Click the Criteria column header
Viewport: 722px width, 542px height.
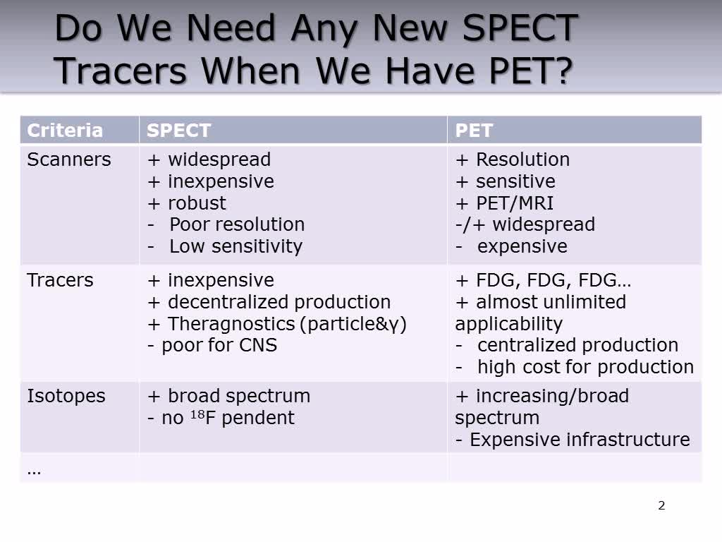65,131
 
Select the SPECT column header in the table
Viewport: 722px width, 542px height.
178,131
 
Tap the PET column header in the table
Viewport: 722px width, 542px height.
474,131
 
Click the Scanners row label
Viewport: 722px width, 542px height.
69,159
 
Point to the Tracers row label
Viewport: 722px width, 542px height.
60,280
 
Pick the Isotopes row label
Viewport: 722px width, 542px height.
66,396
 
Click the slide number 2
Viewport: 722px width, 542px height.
661,505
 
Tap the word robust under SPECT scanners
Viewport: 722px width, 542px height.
197,203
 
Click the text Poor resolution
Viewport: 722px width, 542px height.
237,224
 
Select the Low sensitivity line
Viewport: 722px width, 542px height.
235,246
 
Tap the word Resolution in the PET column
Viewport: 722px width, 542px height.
522,159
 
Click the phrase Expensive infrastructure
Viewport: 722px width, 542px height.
580,440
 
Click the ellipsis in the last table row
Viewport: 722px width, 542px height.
34,469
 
